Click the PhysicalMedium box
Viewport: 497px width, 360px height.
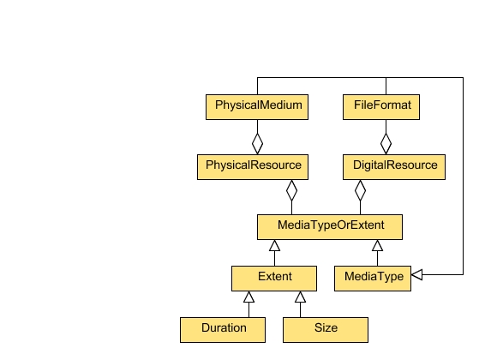tap(257, 107)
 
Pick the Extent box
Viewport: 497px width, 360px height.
tap(274, 278)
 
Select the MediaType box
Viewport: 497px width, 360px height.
tap(373, 278)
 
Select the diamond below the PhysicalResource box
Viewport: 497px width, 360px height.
tap(291, 189)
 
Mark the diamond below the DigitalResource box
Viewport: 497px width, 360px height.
tap(360, 189)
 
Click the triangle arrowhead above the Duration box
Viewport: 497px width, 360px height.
tap(248, 297)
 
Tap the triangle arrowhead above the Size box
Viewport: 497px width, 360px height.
tap(300, 297)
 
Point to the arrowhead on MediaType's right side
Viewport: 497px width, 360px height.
tap(418, 275)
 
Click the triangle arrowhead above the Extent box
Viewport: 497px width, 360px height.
tap(274, 246)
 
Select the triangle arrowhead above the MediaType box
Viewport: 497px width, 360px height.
tap(377, 246)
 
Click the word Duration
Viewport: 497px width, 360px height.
tap(224, 328)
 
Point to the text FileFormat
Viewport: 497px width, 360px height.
tap(382, 106)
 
